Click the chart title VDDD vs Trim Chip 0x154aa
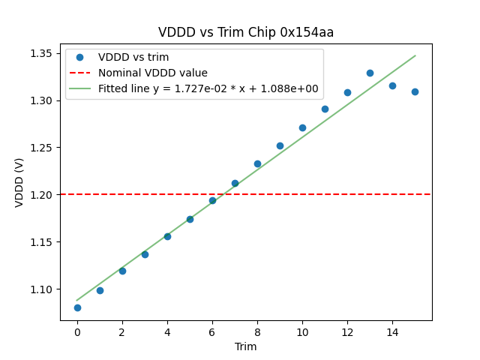(x=246, y=32)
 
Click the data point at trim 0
(x=77, y=307)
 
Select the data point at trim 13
(x=370, y=73)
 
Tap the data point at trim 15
(x=415, y=91)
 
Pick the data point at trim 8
(x=257, y=163)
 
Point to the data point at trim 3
(x=145, y=254)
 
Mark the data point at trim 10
(x=302, y=127)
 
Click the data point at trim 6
(x=212, y=200)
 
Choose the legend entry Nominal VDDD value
(x=153, y=73)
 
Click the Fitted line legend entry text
(x=208, y=88)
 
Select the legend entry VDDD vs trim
(x=133, y=57)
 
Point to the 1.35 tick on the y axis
(x=46, y=53)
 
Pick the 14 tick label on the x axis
(x=392, y=332)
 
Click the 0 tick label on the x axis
(x=77, y=332)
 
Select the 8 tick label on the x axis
(x=257, y=332)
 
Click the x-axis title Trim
(x=246, y=346)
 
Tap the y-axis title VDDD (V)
(x=19, y=182)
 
